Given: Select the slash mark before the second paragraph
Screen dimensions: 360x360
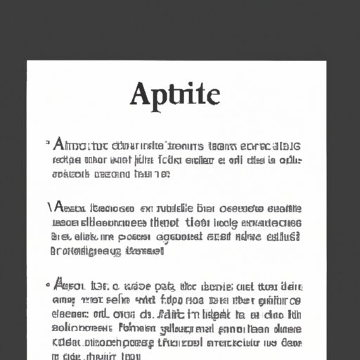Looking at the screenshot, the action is click(49, 207).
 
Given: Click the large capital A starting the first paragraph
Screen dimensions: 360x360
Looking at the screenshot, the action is click(60, 146).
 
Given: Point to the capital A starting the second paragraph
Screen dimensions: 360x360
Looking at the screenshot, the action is click(58, 209).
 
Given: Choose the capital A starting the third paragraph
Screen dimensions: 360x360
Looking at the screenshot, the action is click(59, 286).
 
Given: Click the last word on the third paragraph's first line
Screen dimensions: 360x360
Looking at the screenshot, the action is click(291, 286).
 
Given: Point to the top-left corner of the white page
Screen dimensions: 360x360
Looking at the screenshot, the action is click(28, 62).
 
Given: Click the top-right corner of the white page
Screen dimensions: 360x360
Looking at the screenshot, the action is click(326, 62).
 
